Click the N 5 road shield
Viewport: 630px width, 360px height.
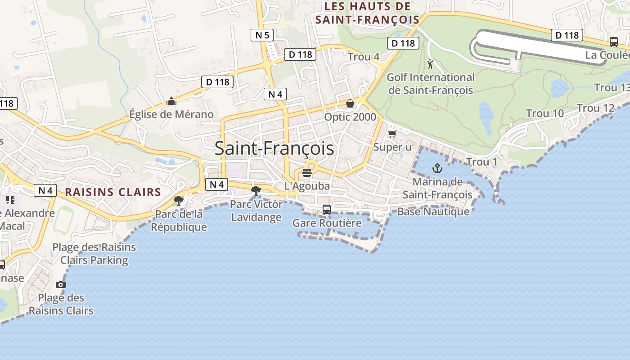pyautogui.click(x=262, y=35)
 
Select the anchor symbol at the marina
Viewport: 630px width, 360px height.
pyautogui.click(x=437, y=169)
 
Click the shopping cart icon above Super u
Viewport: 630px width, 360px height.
pyautogui.click(x=392, y=134)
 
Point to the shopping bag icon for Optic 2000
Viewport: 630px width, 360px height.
pyautogui.click(x=350, y=104)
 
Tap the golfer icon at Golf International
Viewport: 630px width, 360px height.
pyautogui.click(x=430, y=64)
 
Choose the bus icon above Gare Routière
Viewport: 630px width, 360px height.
pyautogui.click(x=327, y=209)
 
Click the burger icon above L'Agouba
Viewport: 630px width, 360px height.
pyautogui.click(x=307, y=173)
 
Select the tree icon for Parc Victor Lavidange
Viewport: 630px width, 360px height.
pyautogui.click(x=256, y=190)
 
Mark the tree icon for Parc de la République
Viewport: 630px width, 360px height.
pyautogui.click(x=179, y=200)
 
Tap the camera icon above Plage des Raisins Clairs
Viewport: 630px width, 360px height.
pyautogui.click(x=60, y=284)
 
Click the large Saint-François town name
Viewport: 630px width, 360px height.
pyautogui.click(x=274, y=148)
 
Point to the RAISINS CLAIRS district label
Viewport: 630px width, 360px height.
pyautogui.click(x=113, y=192)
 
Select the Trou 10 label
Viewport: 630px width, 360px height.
pyautogui.click(x=544, y=113)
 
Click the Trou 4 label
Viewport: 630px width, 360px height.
pyautogui.click(x=364, y=57)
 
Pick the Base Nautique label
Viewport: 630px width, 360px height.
pyautogui.click(x=433, y=211)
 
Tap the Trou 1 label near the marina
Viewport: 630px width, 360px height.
pyautogui.click(x=482, y=162)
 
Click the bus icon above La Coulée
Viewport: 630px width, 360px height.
pyautogui.click(x=614, y=42)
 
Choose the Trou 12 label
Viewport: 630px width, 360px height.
pyautogui.click(x=595, y=108)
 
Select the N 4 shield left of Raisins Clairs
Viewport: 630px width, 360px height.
pyautogui.click(x=45, y=190)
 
